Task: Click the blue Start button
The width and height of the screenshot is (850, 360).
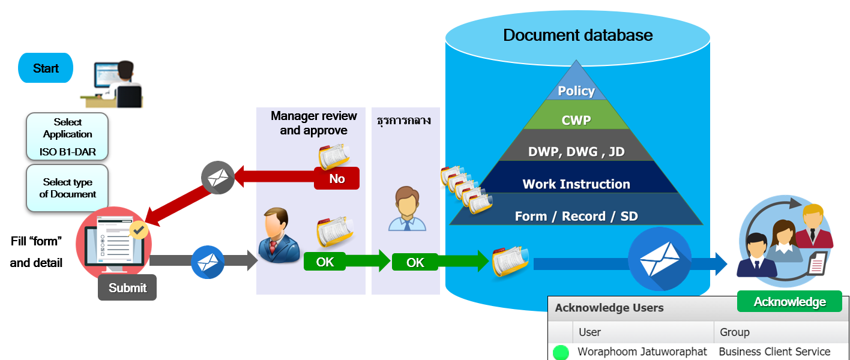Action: pos(46,68)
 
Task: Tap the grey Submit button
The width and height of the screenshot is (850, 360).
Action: pos(127,288)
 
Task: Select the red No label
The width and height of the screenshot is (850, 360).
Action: pos(337,179)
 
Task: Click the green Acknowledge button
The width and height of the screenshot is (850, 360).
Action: pos(789,302)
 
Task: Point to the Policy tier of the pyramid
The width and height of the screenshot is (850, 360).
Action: pos(576,91)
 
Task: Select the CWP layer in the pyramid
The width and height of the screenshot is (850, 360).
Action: pos(576,120)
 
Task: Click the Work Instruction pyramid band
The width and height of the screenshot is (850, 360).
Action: pos(576,184)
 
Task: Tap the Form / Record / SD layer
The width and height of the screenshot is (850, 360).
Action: pos(576,216)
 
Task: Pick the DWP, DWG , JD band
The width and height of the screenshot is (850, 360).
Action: pos(576,152)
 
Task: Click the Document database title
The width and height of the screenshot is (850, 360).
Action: pos(577,35)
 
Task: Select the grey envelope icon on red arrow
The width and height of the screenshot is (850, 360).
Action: pos(217,178)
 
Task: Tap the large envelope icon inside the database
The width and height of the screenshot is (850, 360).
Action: pos(660,259)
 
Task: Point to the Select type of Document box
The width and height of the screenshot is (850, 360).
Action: pos(68,188)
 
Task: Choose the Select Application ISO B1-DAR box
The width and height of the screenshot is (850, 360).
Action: pos(68,137)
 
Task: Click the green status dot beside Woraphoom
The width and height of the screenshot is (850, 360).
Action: pos(561,352)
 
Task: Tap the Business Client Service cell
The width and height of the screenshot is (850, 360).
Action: pos(774,352)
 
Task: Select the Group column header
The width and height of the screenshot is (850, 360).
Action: pos(735,332)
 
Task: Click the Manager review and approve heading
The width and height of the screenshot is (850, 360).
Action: pos(313,123)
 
